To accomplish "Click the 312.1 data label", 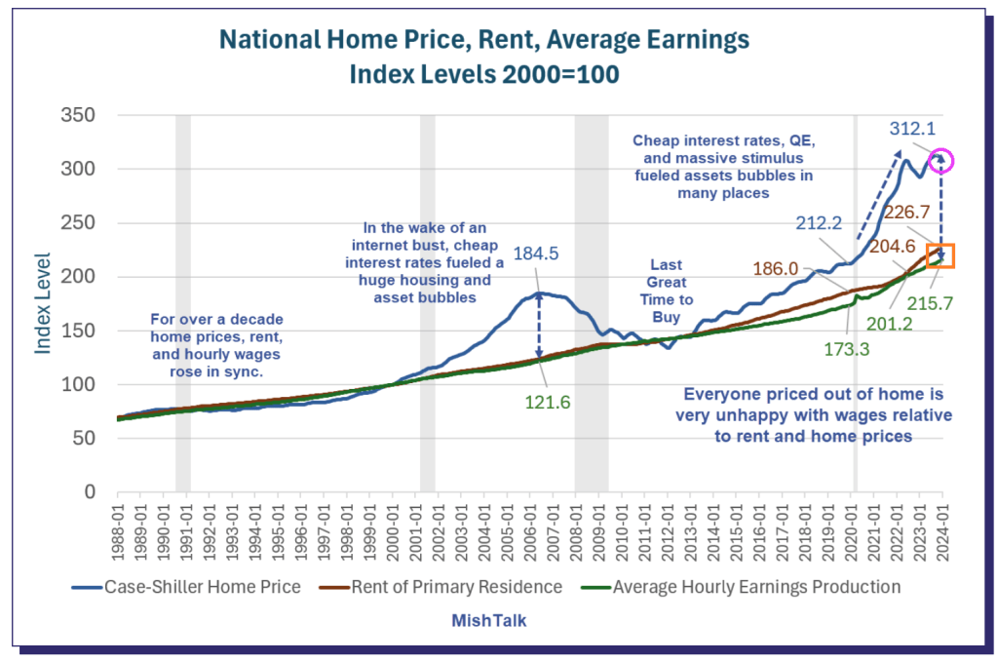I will [x=912, y=129].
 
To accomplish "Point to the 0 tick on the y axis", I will [x=88, y=492].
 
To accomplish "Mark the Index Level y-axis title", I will [x=43, y=303].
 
